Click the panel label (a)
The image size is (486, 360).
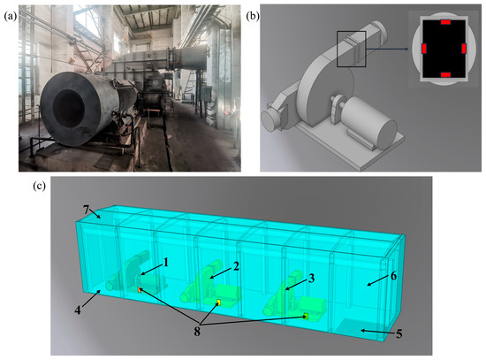pyautogui.click(x=10, y=17)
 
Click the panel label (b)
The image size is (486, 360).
pyautogui.click(x=253, y=17)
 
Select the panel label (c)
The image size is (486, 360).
pyautogui.click(x=40, y=186)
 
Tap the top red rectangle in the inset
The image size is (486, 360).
pyautogui.click(x=445, y=22)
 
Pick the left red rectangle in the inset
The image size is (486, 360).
pyautogui.click(x=424, y=49)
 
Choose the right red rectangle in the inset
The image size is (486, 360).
pyautogui.click(x=464, y=49)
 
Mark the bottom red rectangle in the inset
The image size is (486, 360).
pyautogui.click(x=445, y=75)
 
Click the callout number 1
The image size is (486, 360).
pyautogui.click(x=166, y=263)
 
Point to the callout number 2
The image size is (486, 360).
pyautogui.click(x=237, y=266)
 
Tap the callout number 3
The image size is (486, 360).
pyautogui.click(x=312, y=278)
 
